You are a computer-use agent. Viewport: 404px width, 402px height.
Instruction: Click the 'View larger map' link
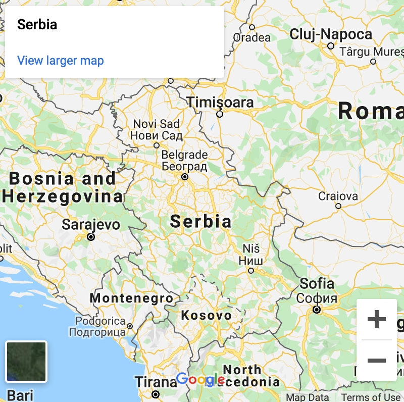pyautogui.click(x=61, y=61)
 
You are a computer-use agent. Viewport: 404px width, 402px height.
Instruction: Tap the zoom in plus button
pyautogui.click(x=377, y=319)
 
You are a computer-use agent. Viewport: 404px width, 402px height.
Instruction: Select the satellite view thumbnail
pyautogui.click(x=26, y=361)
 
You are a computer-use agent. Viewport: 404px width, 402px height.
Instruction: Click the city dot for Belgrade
pyautogui.click(x=185, y=177)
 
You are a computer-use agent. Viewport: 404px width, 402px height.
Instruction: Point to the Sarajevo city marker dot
pyautogui.click(x=91, y=236)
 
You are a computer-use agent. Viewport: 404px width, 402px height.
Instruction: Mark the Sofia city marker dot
pyautogui.click(x=317, y=309)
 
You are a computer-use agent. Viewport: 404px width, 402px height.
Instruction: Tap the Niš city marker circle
pyautogui.click(x=250, y=271)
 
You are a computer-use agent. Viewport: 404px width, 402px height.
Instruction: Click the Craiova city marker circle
pyautogui.click(x=338, y=206)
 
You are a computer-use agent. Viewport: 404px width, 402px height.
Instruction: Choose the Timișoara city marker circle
pyautogui.click(x=219, y=114)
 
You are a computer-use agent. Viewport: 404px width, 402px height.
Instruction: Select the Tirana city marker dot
pyautogui.click(x=156, y=394)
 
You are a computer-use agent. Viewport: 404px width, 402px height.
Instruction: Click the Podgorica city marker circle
pyautogui.click(x=130, y=326)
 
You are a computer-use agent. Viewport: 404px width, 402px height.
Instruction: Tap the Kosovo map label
pyautogui.click(x=207, y=316)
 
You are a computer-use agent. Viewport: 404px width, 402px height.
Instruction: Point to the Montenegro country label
pyautogui.click(x=131, y=298)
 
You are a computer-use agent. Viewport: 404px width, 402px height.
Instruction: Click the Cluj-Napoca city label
pyautogui.click(x=331, y=34)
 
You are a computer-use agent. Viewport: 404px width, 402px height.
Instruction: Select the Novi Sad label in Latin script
pyautogui.click(x=156, y=124)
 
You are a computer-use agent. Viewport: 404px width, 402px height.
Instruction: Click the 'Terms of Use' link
pyautogui.click(x=371, y=397)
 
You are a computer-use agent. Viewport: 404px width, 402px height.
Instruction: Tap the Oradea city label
pyautogui.click(x=251, y=37)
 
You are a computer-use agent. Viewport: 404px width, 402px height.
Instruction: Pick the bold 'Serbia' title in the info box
pyautogui.click(x=37, y=24)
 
